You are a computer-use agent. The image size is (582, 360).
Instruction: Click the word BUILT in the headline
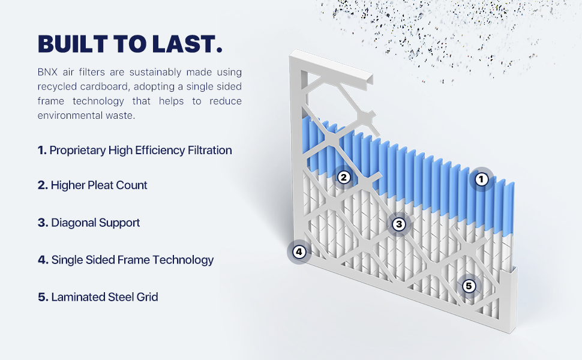pos(73,44)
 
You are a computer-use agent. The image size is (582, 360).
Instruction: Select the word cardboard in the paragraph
pos(104,86)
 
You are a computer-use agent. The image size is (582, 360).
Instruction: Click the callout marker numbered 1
pos(481,179)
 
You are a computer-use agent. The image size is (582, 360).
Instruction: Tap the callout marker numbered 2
pos(344,178)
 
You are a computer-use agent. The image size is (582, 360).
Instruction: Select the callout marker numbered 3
pos(399,224)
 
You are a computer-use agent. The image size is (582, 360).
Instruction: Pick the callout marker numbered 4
pos(299,252)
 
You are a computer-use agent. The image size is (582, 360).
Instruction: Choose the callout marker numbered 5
pos(469,286)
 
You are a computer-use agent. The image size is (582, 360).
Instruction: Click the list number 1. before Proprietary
pos(42,151)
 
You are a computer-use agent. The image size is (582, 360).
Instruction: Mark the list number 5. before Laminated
pos(43,297)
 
